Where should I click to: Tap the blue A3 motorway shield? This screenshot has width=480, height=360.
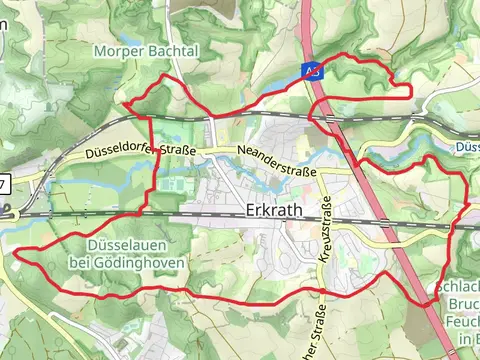click(x=313, y=70)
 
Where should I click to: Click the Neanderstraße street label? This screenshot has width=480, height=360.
click(x=277, y=161)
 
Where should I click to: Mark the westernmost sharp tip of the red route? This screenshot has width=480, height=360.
click(x=17, y=251)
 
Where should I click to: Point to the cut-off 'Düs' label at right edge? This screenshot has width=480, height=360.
click(x=469, y=147)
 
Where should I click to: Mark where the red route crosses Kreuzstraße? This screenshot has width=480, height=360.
click(x=324, y=294)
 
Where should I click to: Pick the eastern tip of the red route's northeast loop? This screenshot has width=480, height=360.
click(x=411, y=92)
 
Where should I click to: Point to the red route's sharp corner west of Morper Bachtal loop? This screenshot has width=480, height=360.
click(x=126, y=103)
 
